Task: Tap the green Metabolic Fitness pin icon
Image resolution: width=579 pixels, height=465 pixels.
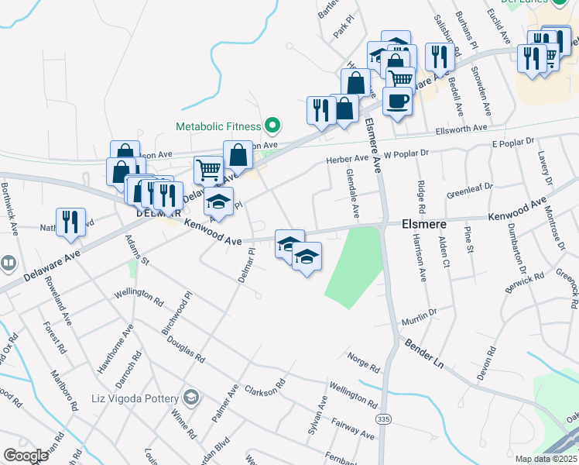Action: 272,125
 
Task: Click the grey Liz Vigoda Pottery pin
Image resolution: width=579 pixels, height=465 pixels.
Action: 192,398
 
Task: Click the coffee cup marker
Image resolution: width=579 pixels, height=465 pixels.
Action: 398,102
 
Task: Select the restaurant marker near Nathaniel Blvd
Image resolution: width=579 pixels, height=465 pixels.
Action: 70,222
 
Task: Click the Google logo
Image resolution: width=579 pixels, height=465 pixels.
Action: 26,455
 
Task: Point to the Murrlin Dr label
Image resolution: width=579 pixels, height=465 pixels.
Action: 419,316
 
